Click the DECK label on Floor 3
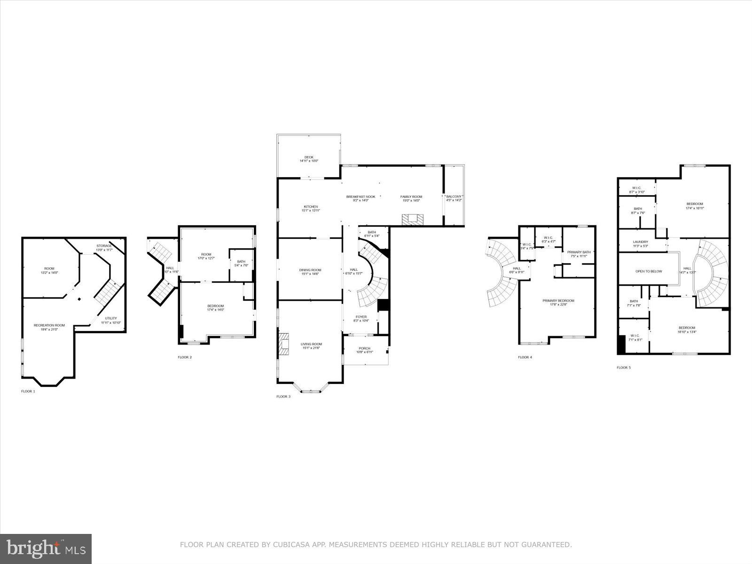click(309, 157)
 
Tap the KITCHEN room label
click(311, 207)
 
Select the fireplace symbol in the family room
click(412, 219)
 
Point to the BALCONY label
click(454, 196)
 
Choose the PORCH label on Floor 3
click(364, 348)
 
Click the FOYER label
click(361, 317)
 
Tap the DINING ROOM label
click(310, 270)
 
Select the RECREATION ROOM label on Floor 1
click(49, 325)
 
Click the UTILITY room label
click(111, 319)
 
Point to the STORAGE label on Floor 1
click(104, 246)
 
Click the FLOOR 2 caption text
click(184, 357)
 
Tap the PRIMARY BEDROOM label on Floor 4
click(558, 301)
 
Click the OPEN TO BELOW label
click(649, 271)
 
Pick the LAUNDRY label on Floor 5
click(640, 242)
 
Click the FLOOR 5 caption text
click(624, 368)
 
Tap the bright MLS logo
click(46, 548)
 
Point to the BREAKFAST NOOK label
click(360, 196)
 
